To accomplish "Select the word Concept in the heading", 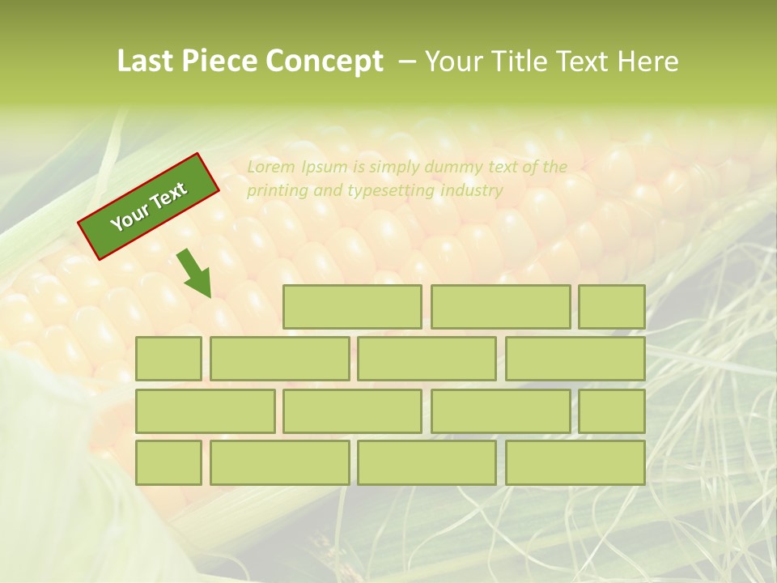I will click(325, 62).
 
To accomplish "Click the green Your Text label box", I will click(149, 206).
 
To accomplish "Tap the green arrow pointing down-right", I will click(195, 274).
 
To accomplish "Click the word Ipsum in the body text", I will click(324, 168).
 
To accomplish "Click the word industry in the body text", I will click(472, 191).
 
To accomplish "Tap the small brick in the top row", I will click(612, 307).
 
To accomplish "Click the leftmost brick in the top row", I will click(352, 307).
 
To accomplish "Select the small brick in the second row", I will click(168, 359).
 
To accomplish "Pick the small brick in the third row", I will click(612, 411).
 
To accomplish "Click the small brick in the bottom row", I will click(168, 463).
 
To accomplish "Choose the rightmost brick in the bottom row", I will click(575, 463).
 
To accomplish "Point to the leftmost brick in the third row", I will click(205, 411).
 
